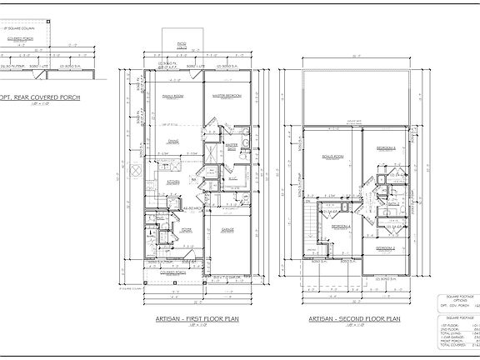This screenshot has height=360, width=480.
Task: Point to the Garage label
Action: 227,228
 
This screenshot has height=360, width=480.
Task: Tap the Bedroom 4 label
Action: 341,227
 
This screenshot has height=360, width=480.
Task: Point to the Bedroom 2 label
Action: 384,248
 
